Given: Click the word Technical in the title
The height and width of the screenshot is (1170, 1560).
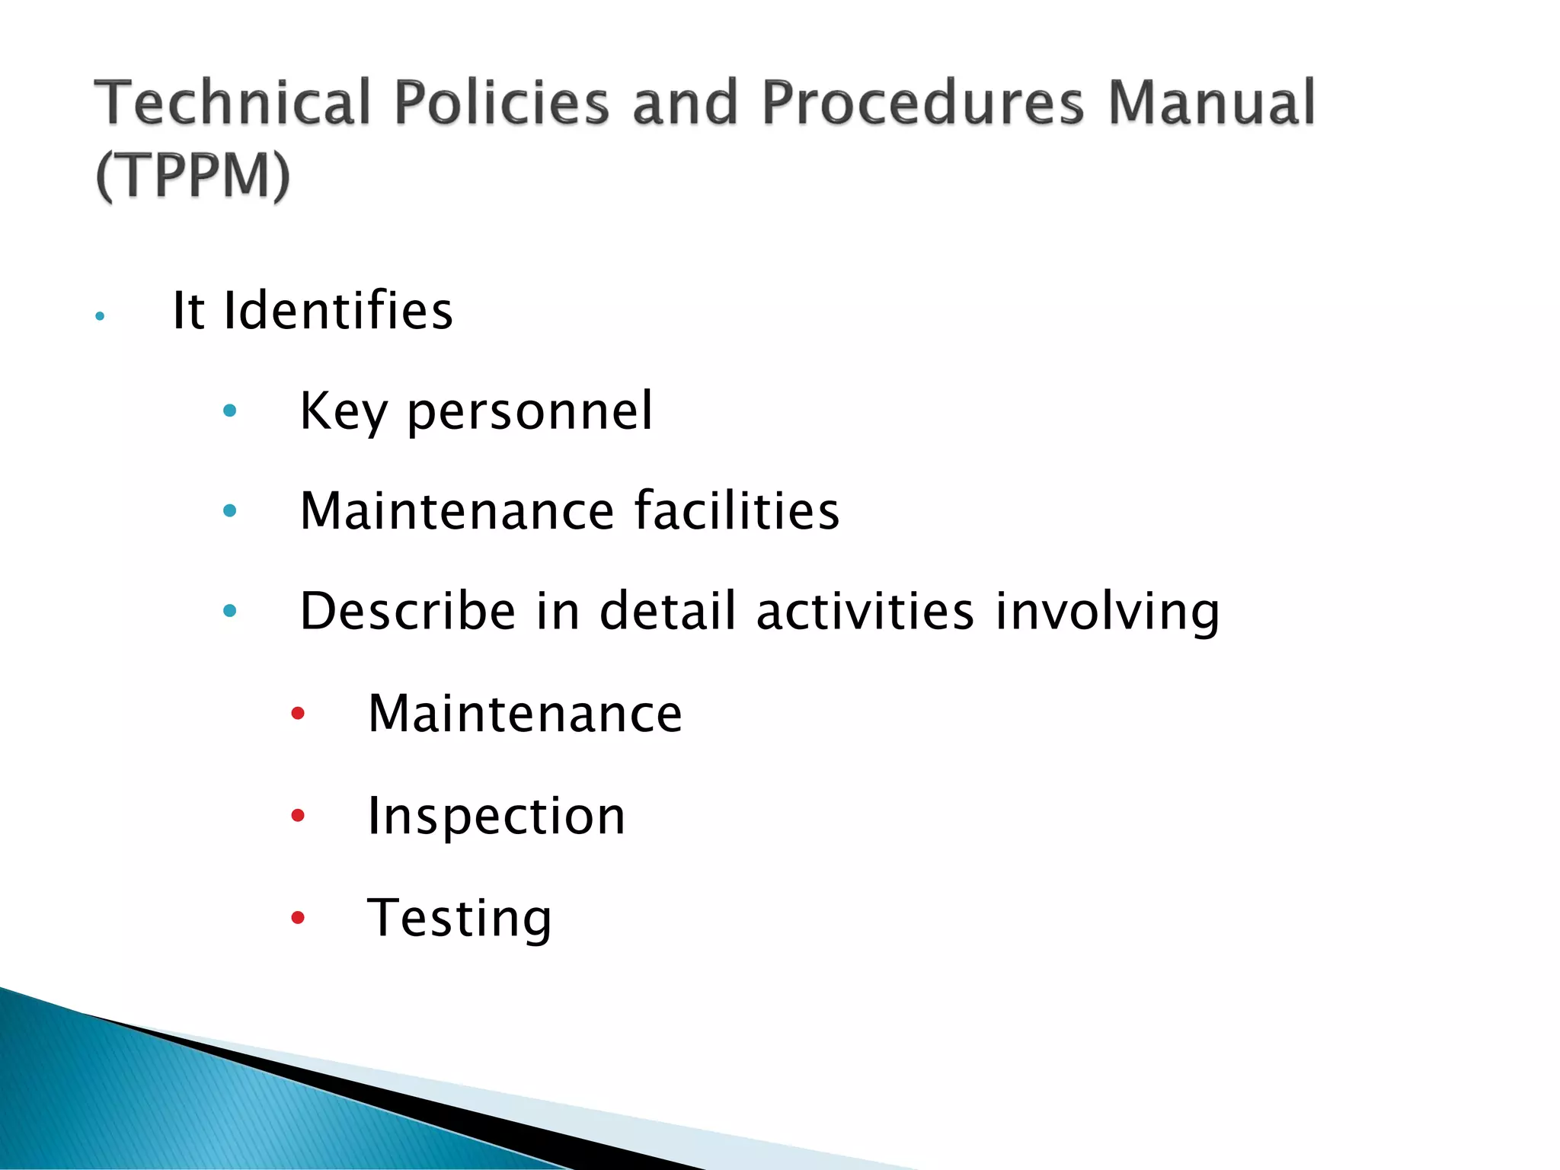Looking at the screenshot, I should [x=232, y=103].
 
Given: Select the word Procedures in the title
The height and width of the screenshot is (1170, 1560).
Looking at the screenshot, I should [x=922, y=103].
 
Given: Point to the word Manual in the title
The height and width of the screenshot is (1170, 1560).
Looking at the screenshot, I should [x=1211, y=103].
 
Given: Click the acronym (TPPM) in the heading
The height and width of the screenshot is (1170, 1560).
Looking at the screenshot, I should [x=193, y=176].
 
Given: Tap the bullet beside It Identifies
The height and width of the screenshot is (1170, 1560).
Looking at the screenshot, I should [x=100, y=315].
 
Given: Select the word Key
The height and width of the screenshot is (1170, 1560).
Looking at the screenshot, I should [x=344, y=412].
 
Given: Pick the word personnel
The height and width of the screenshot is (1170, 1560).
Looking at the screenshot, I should [x=530, y=412].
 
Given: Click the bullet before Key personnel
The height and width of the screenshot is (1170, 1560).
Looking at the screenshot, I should [x=229, y=411].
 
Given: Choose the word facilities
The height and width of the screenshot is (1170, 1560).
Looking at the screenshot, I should [x=737, y=510].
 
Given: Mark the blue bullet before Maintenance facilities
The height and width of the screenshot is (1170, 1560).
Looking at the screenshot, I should [x=229, y=510].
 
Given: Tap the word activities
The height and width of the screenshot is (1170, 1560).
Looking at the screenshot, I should [x=865, y=611].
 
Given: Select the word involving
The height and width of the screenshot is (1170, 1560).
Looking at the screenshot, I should [x=1108, y=612].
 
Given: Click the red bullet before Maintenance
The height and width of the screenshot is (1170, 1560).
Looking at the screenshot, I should [x=298, y=714].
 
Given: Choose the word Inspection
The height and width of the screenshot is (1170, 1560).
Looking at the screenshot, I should [x=497, y=816].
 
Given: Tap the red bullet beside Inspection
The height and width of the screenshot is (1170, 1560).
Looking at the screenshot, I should [x=298, y=816].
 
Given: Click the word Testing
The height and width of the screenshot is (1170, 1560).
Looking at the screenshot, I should [x=459, y=919].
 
